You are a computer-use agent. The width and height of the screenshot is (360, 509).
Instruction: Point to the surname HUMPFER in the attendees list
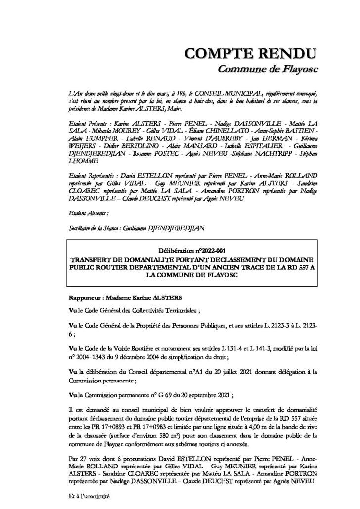pyautogui.click(x=86, y=139)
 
